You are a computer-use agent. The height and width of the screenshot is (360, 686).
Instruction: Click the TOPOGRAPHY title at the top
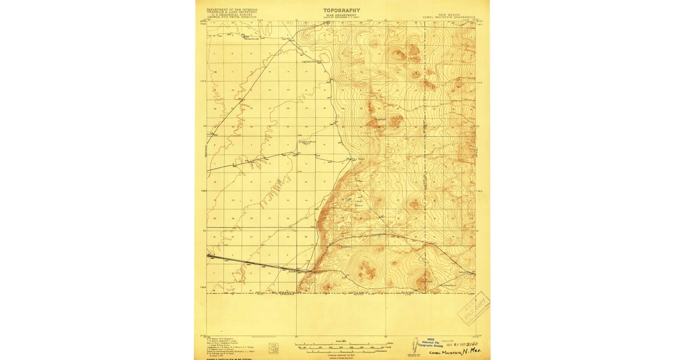click(342, 10)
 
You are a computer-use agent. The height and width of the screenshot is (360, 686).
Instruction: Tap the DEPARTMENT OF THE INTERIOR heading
click(233, 10)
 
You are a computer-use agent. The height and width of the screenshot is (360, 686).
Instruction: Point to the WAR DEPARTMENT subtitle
click(342, 15)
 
